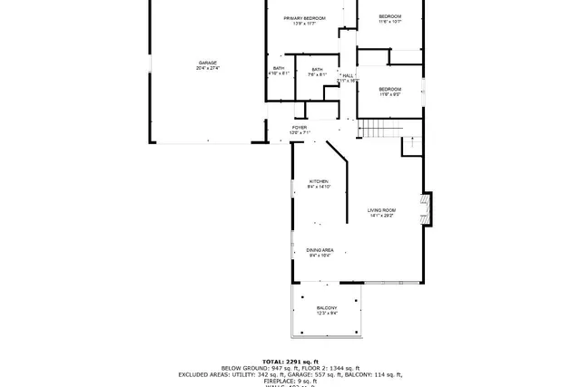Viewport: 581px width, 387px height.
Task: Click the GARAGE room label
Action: pos(208,63)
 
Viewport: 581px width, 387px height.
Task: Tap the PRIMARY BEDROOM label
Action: pos(304,18)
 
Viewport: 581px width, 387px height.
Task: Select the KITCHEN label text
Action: pos(318,181)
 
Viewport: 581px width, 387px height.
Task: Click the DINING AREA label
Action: pos(320,250)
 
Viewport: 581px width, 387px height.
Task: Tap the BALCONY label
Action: pos(326,308)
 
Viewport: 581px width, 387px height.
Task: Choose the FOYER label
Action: pos(300,128)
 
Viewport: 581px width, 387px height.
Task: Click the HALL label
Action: pos(348,75)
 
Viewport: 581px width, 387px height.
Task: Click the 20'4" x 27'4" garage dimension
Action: pos(208,68)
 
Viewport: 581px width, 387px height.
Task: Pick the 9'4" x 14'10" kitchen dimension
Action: pos(319,187)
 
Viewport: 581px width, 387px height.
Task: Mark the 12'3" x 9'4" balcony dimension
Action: pos(326,314)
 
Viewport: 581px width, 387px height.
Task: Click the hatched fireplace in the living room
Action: pos(423,209)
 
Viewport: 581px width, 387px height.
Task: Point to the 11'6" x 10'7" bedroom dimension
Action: pos(389,23)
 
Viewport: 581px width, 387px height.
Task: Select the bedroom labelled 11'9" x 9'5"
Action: pos(389,90)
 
